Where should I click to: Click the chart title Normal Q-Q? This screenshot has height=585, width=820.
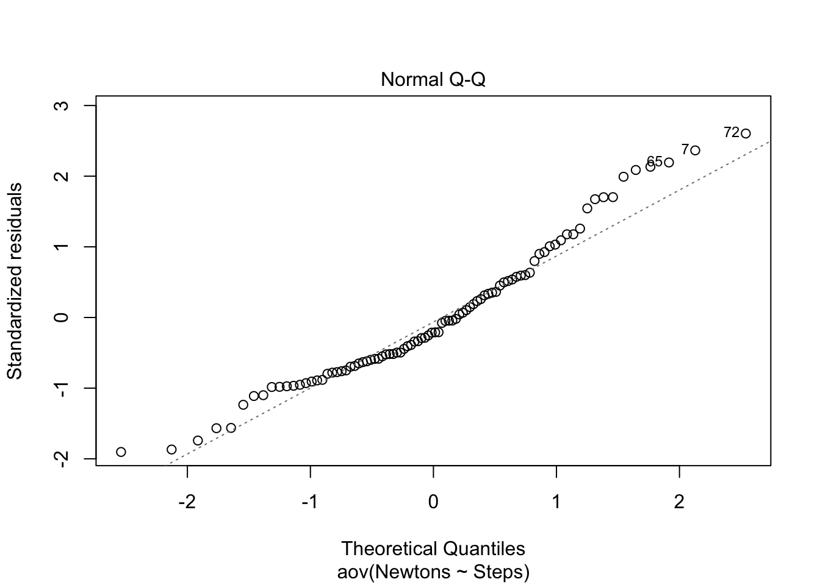pyautogui.click(x=433, y=80)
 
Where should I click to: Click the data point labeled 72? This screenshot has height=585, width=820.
pyautogui.click(x=745, y=133)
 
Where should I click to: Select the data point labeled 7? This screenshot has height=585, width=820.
pyautogui.click(x=695, y=151)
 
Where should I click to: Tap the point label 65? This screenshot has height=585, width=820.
pyautogui.click(x=654, y=161)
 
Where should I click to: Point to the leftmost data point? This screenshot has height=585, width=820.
pyautogui.click(x=121, y=452)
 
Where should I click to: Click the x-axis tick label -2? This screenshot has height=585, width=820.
pyautogui.click(x=187, y=502)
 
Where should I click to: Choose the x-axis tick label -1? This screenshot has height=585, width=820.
pyautogui.click(x=310, y=502)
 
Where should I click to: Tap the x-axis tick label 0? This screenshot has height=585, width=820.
pyautogui.click(x=433, y=502)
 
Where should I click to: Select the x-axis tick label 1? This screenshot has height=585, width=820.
pyautogui.click(x=556, y=502)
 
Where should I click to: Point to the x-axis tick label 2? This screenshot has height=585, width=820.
pyautogui.click(x=679, y=502)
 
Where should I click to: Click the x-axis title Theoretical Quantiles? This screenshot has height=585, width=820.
pyautogui.click(x=433, y=548)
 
